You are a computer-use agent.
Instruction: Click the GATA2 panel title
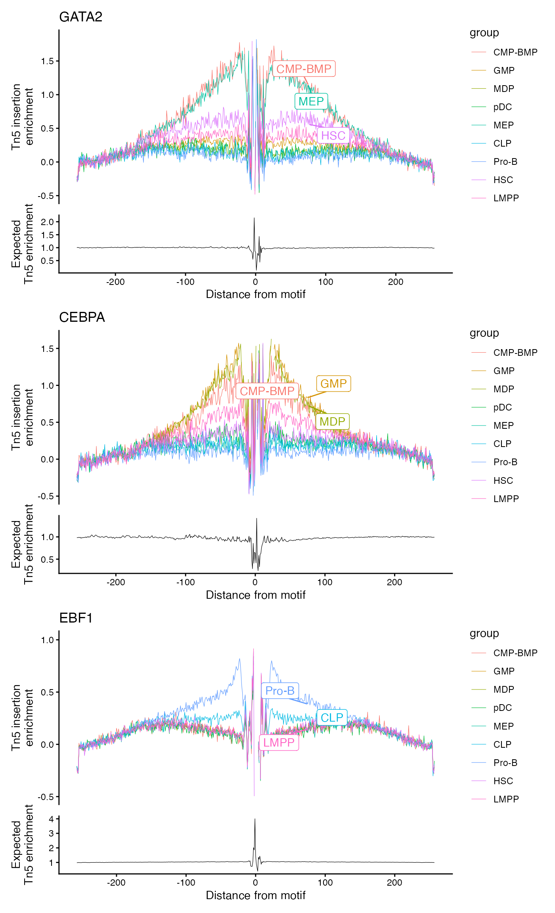coord(80,17)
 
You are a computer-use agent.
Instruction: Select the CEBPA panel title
coord(82,317)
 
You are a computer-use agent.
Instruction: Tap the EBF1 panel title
coord(76,618)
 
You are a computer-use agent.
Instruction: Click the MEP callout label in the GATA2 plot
coord(311,101)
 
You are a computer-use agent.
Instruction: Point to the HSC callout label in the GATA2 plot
coord(333,136)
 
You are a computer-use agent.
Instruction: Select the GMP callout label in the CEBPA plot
coord(333,384)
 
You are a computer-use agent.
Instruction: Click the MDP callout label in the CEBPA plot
coord(332,421)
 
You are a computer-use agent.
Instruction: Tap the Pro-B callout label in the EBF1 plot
coord(280,691)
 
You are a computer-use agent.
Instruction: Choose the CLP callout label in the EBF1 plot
coord(332,718)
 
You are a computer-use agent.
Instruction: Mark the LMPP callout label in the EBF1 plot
coord(279,742)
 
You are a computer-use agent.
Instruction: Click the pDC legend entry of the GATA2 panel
coord(502,107)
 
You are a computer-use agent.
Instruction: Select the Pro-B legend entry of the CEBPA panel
coord(505,462)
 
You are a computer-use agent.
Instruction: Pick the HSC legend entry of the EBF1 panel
coord(503,781)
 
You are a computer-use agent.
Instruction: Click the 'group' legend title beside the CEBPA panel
coord(484,333)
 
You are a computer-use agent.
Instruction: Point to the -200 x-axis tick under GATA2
coord(115,282)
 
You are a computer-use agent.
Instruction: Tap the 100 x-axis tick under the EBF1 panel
coord(325,882)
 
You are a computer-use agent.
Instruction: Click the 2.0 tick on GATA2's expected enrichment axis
coord(47,222)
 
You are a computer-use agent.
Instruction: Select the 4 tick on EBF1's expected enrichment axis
coord(51,819)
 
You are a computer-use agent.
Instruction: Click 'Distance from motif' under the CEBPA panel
coord(256,595)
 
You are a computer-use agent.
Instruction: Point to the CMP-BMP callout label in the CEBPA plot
coord(267,391)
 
